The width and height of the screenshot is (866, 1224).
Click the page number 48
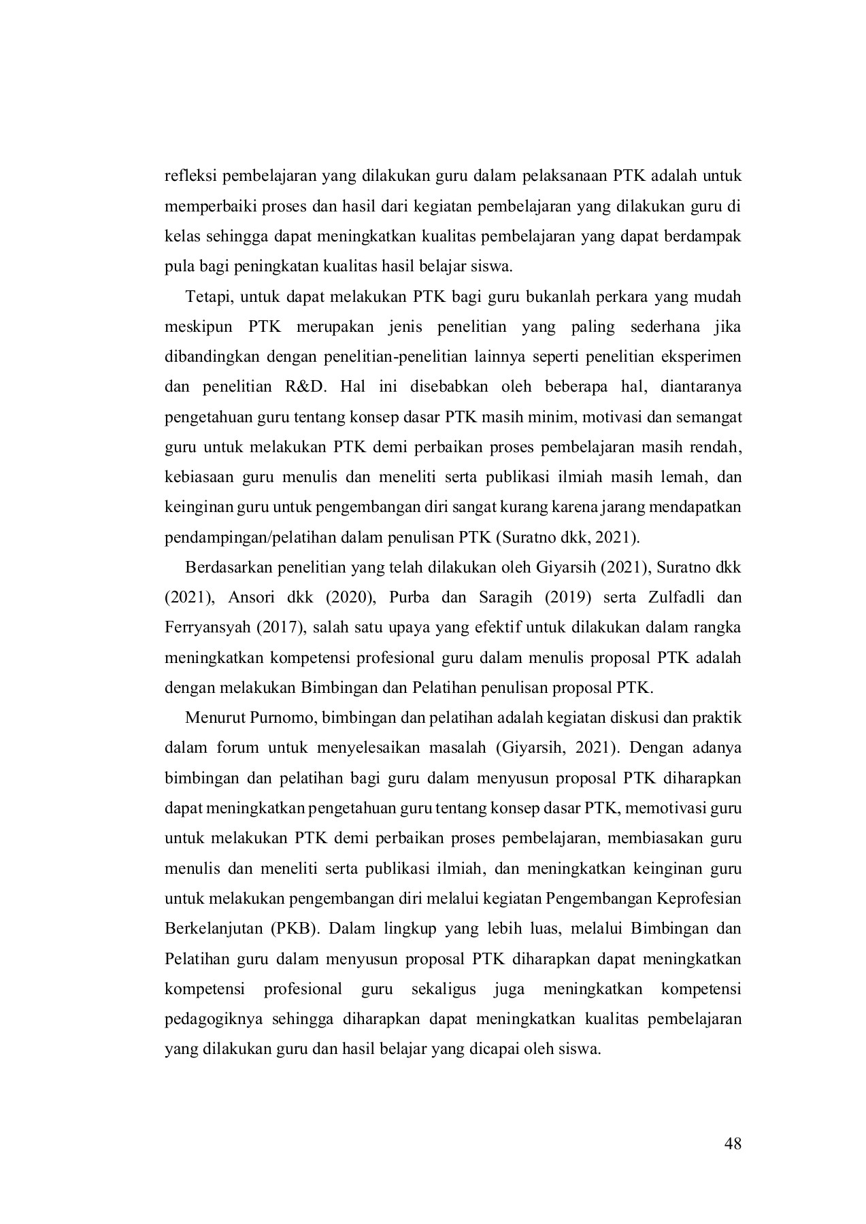733,1144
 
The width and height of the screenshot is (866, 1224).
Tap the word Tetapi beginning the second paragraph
201,297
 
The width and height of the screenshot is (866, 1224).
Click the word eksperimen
707,357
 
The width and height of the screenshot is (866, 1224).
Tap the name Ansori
251,598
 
